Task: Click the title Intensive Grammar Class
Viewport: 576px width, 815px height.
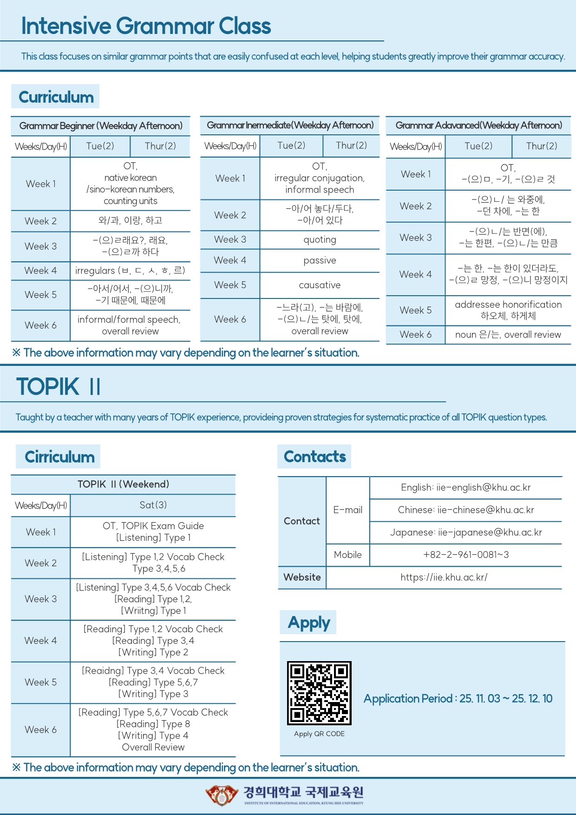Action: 146,26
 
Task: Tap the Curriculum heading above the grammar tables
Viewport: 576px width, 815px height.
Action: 56,97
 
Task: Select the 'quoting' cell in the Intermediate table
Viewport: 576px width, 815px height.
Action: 320,240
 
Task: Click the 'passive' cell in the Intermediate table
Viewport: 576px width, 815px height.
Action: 320,261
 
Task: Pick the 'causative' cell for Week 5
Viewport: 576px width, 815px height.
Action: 320,285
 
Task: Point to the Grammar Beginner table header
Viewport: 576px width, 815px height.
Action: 101,126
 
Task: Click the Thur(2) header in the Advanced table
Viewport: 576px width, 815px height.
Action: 541,146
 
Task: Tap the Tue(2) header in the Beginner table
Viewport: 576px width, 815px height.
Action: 100,146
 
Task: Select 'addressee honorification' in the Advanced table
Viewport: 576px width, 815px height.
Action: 508,305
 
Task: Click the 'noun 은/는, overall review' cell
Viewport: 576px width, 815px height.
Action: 508,335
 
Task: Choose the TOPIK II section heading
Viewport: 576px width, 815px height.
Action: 59,387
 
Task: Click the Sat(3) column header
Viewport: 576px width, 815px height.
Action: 153,505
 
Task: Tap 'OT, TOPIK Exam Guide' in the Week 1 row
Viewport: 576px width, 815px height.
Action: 153,526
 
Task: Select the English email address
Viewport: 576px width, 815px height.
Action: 465,487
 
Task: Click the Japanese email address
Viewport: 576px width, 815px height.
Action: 465,532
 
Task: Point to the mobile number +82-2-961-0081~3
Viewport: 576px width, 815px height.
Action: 465,555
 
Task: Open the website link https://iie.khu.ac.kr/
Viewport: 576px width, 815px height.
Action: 444,577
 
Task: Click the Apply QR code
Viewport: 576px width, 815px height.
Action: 319,693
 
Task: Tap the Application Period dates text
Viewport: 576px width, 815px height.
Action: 458,699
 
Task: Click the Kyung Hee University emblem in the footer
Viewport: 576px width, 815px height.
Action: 222,795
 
